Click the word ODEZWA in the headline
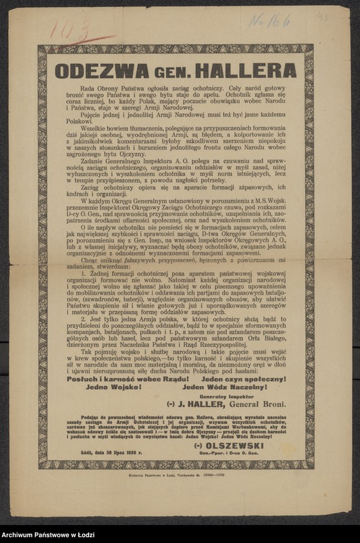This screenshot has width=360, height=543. pos(96,70)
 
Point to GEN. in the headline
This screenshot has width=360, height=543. pos(167,71)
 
